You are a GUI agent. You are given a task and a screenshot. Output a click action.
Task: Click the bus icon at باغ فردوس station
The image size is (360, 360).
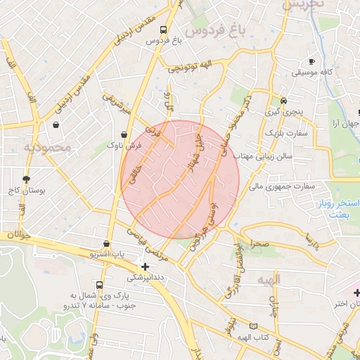click(163, 30)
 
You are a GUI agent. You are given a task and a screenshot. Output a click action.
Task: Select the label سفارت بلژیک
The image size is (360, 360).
click(282, 132)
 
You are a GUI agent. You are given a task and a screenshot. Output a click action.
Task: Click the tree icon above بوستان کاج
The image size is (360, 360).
click(27, 179)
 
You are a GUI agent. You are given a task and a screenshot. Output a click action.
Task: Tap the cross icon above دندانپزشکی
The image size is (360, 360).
click(145, 266)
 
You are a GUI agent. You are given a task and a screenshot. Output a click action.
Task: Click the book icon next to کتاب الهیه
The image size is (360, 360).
click(253, 326)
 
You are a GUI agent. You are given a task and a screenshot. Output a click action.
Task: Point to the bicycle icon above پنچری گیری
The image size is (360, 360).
click(283, 101)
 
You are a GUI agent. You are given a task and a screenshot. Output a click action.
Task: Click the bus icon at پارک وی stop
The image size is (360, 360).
click(99, 285)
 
